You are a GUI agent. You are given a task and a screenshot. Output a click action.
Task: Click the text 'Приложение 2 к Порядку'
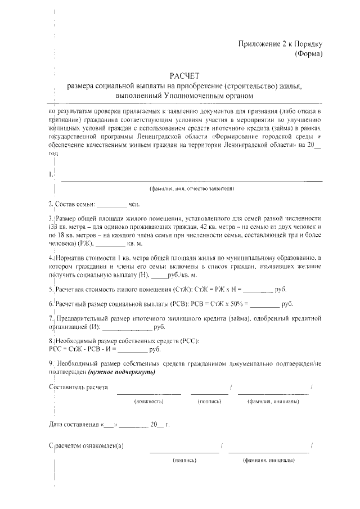click(x=280, y=44)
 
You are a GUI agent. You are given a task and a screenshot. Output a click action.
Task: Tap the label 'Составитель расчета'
click(x=79, y=388)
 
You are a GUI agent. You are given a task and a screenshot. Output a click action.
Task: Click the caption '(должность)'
click(x=148, y=402)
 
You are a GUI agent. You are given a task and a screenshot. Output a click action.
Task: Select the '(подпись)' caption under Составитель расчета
click(x=209, y=402)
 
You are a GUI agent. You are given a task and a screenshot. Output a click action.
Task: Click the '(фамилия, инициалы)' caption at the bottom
click(x=268, y=460)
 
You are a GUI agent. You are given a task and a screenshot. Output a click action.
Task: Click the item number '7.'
click(x=51, y=318)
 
